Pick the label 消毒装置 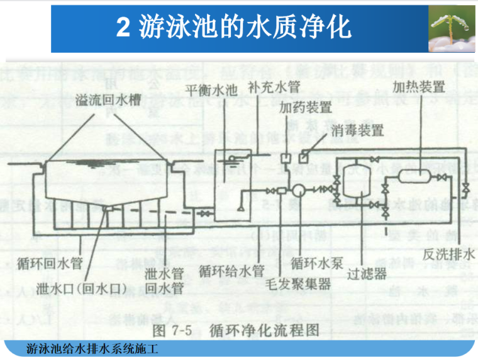pos(360,130)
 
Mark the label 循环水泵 pos(316,264)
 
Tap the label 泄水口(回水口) pos(82,288)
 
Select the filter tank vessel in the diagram pos(356,179)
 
